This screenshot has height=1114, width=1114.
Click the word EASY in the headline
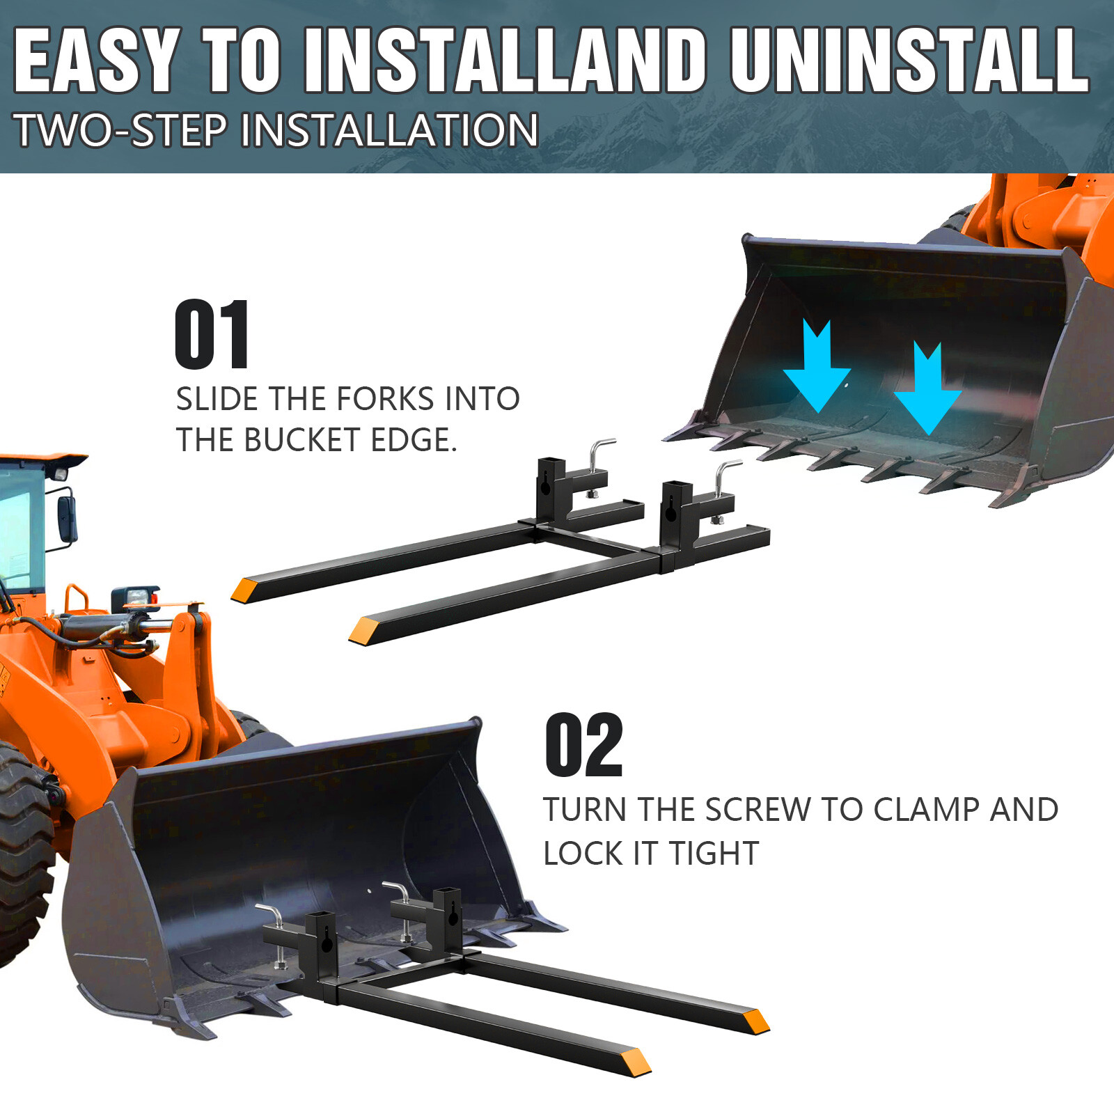95,61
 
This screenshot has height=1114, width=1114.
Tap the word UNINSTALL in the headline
909,61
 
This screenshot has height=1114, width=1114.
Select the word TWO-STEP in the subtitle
121,130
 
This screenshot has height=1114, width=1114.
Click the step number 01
212,334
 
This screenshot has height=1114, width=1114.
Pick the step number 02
583,745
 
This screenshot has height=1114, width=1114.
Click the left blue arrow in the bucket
817,366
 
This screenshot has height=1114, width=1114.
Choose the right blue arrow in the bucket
927,389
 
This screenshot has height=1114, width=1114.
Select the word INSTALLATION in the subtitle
390,130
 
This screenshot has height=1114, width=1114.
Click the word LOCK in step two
583,854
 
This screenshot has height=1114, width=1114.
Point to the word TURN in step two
586,810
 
